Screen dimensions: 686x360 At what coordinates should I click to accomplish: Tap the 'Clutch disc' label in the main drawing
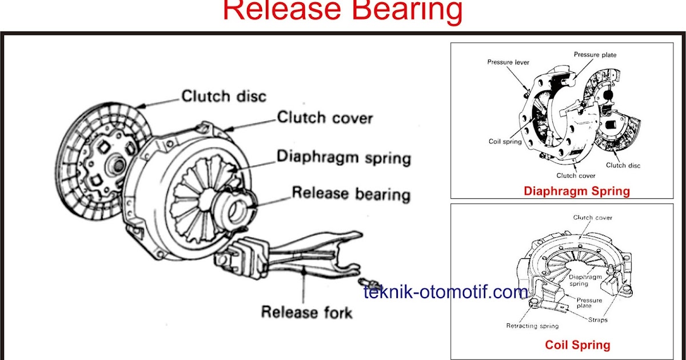pos(224,96)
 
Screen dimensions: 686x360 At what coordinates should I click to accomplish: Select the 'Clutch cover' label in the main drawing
pos(325,118)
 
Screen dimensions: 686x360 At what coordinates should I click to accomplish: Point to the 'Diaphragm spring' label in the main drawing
pos(344,157)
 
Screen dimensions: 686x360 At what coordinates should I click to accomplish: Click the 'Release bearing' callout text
pos(351,194)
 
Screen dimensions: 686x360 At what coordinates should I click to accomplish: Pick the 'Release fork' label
pos(306,313)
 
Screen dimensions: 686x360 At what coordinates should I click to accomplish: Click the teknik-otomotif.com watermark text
pos(446,293)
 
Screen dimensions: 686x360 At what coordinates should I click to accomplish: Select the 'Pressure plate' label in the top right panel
pos(595,55)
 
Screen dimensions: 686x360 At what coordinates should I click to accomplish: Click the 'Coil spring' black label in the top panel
pos(505,141)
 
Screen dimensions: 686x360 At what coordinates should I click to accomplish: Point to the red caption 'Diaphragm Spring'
pos(577,191)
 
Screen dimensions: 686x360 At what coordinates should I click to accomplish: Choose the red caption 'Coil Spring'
pos(577,345)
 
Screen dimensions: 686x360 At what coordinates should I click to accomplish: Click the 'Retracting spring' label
pos(532,326)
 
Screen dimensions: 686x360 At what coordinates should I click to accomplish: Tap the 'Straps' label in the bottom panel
pos(597,319)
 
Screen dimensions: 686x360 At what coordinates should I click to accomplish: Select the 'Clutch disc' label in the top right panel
pos(623,166)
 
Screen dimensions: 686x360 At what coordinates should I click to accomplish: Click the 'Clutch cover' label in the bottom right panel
pos(593,218)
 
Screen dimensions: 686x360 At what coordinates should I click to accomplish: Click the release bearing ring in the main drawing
pos(235,209)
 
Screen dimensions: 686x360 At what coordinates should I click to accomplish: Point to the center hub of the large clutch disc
pos(117,166)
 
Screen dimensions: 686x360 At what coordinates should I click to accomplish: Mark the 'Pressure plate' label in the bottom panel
pos(589,303)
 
